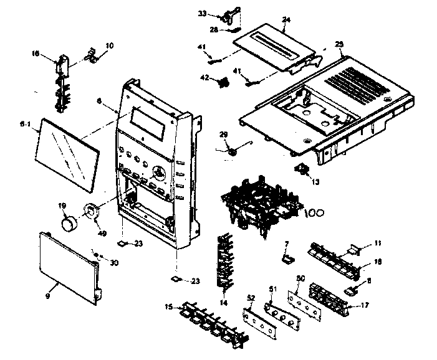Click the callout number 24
[286, 20]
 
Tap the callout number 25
[339, 44]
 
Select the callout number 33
[203, 12]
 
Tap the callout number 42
[204, 78]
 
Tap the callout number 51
[271, 288]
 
